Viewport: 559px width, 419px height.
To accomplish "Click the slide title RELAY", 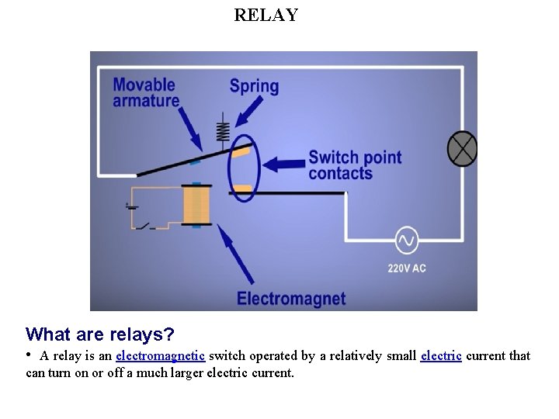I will [266, 15].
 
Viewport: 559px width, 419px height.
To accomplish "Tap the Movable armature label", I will [146, 92].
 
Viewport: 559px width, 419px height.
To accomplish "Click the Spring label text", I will [254, 85].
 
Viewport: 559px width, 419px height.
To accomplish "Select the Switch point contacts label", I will [355, 165].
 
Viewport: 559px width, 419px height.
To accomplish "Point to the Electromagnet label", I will [291, 299].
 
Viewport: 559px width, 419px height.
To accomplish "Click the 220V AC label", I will [407, 268].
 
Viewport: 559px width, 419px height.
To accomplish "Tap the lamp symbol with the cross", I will [463, 149].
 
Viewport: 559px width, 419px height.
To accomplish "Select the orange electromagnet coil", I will [196, 206].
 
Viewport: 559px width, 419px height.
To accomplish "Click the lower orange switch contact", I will [242, 189].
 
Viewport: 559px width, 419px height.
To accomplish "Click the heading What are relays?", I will [100, 334].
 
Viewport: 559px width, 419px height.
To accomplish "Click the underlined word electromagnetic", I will [160, 356].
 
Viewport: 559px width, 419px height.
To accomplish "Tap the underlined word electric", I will [441, 356].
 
